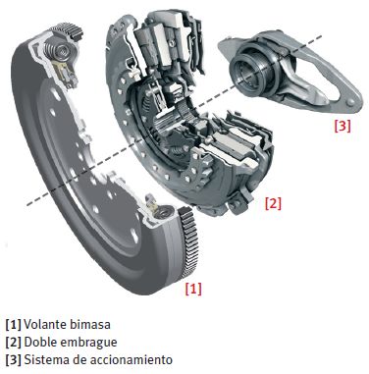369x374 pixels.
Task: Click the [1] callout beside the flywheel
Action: (193, 289)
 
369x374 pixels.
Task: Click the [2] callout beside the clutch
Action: (273, 203)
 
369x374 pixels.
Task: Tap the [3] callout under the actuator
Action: (341, 126)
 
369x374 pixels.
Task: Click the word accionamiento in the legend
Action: (129, 360)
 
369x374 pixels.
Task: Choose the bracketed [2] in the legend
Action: (12, 343)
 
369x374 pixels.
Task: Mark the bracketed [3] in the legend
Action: (12, 360)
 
